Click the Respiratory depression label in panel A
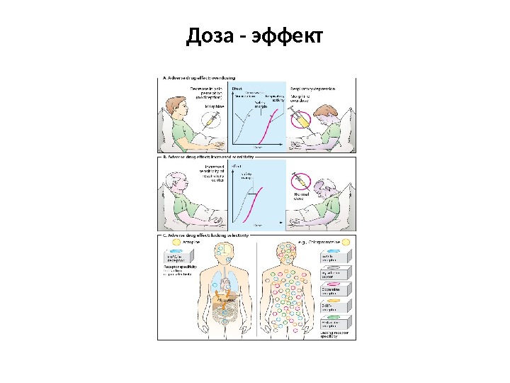312,89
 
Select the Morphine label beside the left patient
214,106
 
